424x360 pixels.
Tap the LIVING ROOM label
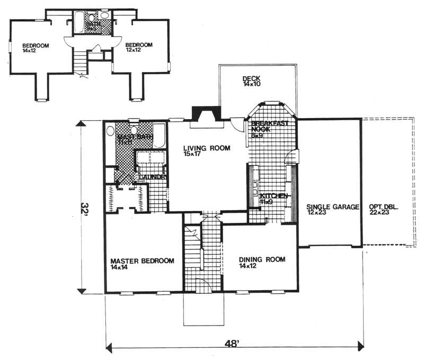click(207, 149)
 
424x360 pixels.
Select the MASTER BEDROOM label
click(142, 261)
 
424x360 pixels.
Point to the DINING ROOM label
click(262, 259)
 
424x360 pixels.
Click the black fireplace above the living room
click(204, 114)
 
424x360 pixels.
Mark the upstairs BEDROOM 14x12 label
click(36, 46)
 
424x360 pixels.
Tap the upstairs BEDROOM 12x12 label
click(139, 46)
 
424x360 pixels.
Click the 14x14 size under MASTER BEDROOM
click(120, 268)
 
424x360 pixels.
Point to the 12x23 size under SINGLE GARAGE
click(316, 212)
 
